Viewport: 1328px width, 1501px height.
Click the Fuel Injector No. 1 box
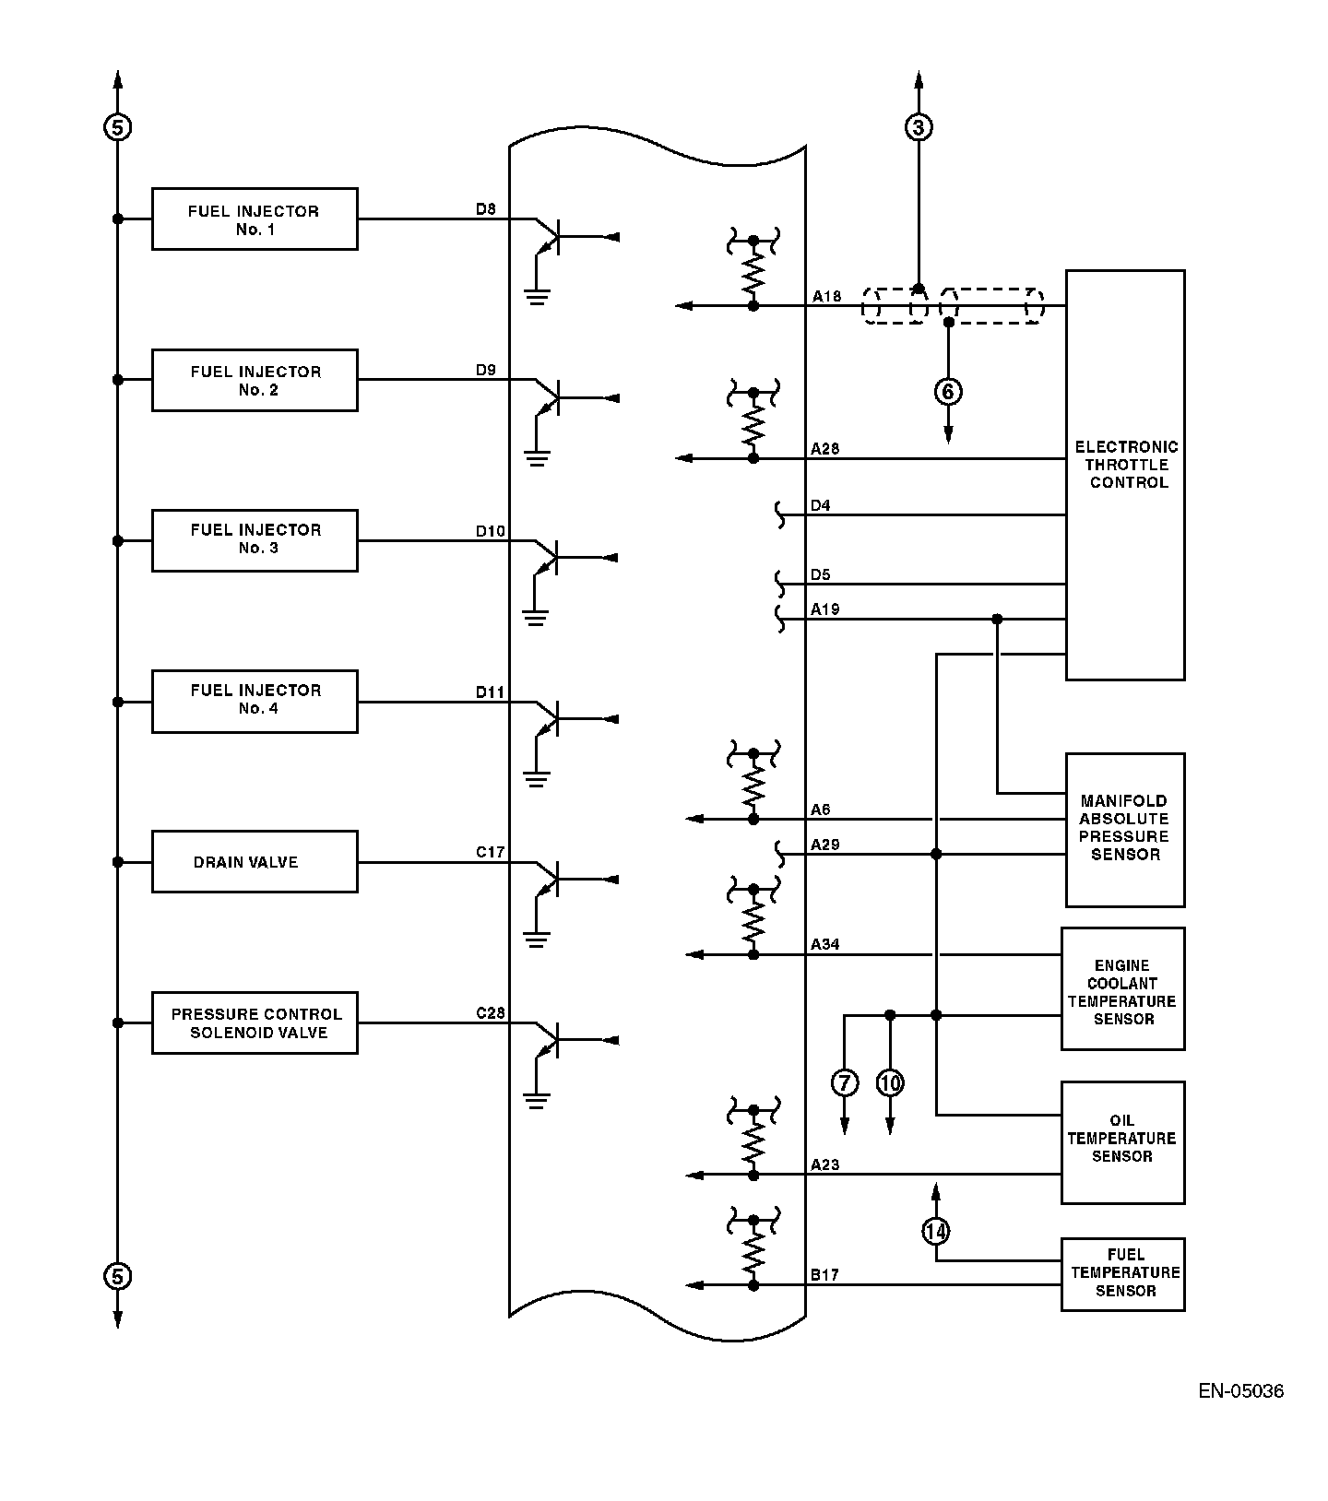[255, 219]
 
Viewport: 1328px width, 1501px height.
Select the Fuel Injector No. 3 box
[255, 540]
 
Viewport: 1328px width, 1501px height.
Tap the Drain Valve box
[255, 862]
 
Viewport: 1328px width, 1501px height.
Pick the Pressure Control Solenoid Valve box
[255, 1022]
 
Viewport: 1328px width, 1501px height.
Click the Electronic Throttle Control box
[1125, 475]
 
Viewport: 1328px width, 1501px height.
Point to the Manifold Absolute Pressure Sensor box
[1125, 830]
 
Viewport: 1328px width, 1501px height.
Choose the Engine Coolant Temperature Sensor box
[1122, 988]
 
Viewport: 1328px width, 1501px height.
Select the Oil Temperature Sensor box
[1122, 1142]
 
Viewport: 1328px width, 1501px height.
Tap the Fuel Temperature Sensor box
[1122, 1273]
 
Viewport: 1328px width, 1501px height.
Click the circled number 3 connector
[918, 127]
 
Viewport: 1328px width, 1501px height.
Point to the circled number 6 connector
[948, 391]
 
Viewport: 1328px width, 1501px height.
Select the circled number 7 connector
[845, 1082]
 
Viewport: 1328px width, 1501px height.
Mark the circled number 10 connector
[890, 1082]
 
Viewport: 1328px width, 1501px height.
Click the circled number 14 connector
[936, 1231]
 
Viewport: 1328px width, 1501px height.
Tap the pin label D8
[486, 209]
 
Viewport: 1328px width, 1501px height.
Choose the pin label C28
[491, 1013]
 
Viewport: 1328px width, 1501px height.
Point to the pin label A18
[826, 297]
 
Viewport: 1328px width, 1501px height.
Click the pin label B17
[825, 1275]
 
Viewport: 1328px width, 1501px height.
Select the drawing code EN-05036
[1240, 1391]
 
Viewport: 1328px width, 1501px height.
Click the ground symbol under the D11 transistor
[536, 779]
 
